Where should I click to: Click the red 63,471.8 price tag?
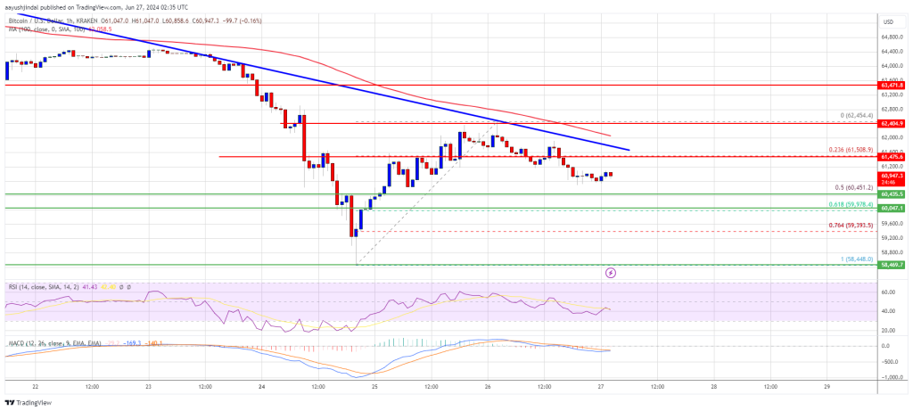(x=892, y=85)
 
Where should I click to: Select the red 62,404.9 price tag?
(x=892, y=123)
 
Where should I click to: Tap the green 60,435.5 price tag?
(x=892, y=193)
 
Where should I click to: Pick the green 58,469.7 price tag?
(x=892, y=265)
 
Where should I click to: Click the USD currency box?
(x=889, y=21)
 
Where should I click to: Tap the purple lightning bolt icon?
(x=611, y=272)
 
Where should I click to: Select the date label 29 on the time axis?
(x=827, y=387)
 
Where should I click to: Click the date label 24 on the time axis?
(x=262, y=387)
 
